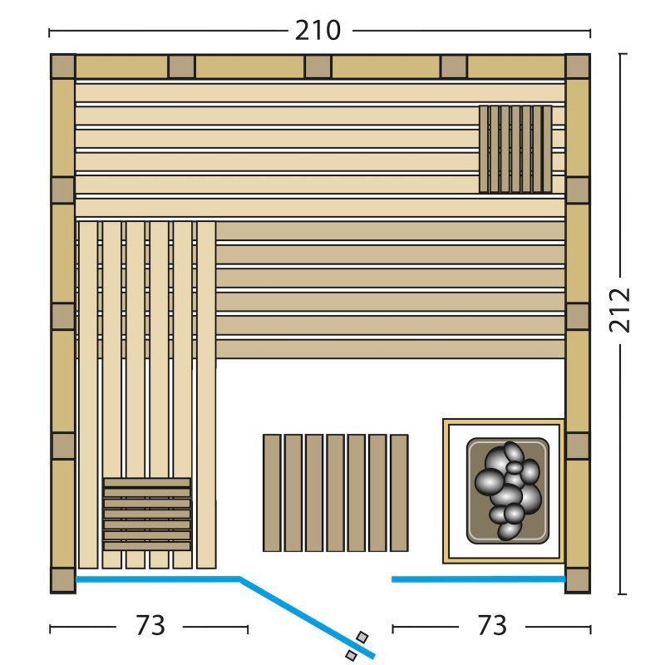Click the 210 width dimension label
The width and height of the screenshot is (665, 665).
coord(318,31)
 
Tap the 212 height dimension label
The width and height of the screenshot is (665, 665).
coord(619,310)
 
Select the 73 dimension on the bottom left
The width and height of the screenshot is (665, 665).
coord(150,625)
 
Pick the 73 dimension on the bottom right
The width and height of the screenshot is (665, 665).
coord(492,625)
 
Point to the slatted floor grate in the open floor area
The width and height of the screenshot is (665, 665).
coord(336,493)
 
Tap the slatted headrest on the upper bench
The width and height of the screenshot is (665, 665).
coord(515,150)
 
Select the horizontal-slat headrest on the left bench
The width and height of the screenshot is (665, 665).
coord(147,514)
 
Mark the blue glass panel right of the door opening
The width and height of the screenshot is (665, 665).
coord(479,579)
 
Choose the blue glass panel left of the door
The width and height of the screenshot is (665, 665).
coord(158,579)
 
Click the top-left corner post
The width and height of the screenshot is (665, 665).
coord(63,66)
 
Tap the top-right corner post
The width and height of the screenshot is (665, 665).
coord(578,66)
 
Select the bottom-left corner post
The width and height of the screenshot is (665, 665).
coord(63,580)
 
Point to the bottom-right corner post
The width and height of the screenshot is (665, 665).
coord(578,580)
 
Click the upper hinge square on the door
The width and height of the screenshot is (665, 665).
coord(362,637)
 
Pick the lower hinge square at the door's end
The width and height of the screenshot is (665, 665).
coord(351,655)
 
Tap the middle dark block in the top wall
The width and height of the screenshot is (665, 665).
coord(318,66)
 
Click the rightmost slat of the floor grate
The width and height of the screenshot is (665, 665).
coord(399,493)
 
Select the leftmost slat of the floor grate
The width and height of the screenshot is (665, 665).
coord(272,493)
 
